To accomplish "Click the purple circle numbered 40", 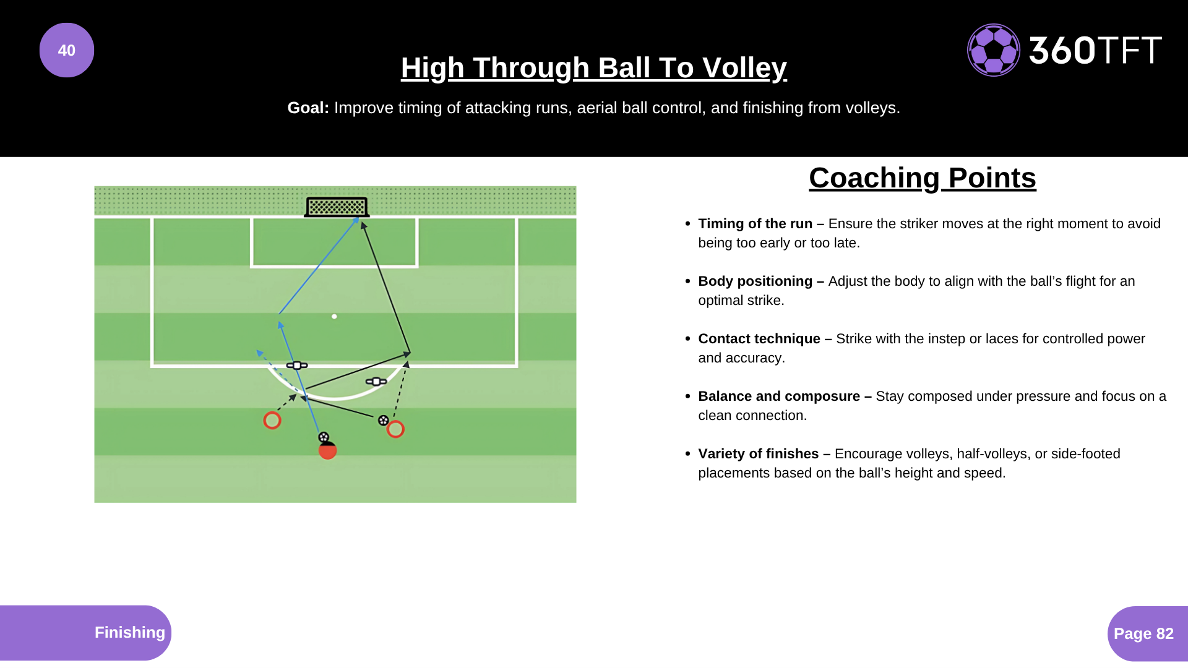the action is tap(67, 50).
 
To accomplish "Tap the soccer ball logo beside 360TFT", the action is tap(994, 50).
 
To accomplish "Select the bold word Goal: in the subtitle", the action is tap(308, 108).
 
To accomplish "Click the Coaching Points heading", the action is tap(923, 178).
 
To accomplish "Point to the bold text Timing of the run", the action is tap(755, 224).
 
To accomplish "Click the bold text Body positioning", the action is tap(755, 281).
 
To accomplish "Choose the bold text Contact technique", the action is tap(759, 339).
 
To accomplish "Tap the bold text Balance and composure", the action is tap(779, 396).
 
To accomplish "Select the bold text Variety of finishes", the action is tap(759, 454).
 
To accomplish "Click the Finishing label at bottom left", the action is tap(130, 632).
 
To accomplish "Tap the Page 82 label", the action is tap(1143, 633).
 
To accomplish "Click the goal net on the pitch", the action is tap(337, 207).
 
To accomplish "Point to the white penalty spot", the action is tap(334, 317).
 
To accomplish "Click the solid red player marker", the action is tap(327, 450).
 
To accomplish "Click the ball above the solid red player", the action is tap(324, 437).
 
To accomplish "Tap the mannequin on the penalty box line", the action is tap(297, 366).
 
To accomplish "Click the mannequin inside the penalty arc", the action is tap(376, 382).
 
